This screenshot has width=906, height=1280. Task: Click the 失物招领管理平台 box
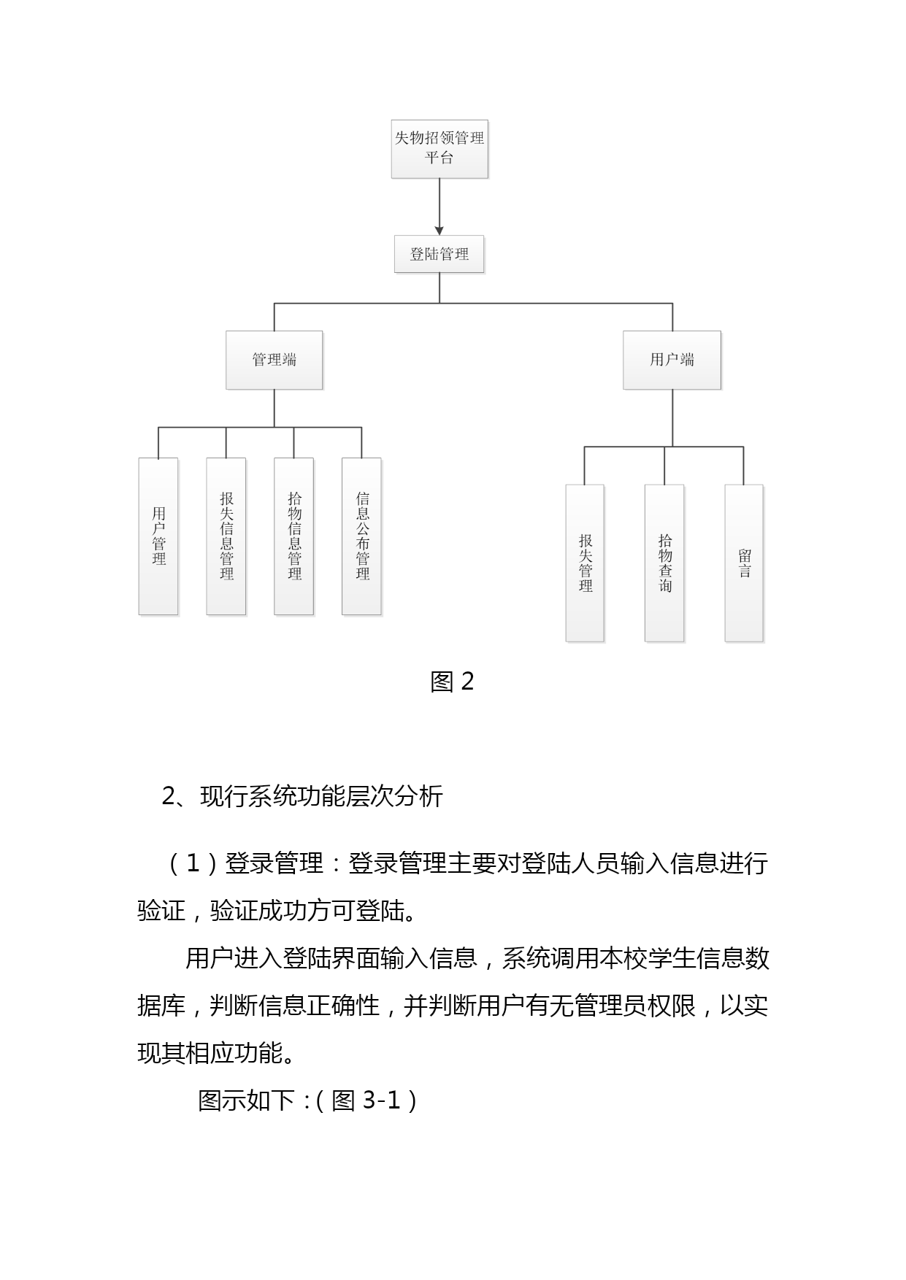439,149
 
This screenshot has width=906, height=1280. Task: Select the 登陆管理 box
439,254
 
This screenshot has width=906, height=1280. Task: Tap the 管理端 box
275,360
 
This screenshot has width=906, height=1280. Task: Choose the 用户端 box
672,360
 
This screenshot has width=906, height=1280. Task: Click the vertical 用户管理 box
158,536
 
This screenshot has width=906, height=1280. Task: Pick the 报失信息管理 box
226,536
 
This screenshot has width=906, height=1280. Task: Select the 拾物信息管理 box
294,536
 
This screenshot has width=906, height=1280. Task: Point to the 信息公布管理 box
362,536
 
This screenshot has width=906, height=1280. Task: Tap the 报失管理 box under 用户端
585,563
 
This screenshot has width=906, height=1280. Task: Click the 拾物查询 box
664,563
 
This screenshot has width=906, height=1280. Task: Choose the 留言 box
744,563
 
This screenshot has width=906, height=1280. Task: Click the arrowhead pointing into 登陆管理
439,231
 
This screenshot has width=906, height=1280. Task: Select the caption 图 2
453,682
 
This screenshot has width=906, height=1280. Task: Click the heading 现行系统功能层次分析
322,796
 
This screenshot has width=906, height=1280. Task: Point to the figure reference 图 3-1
366,1100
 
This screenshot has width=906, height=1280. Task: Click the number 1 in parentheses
193,864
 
